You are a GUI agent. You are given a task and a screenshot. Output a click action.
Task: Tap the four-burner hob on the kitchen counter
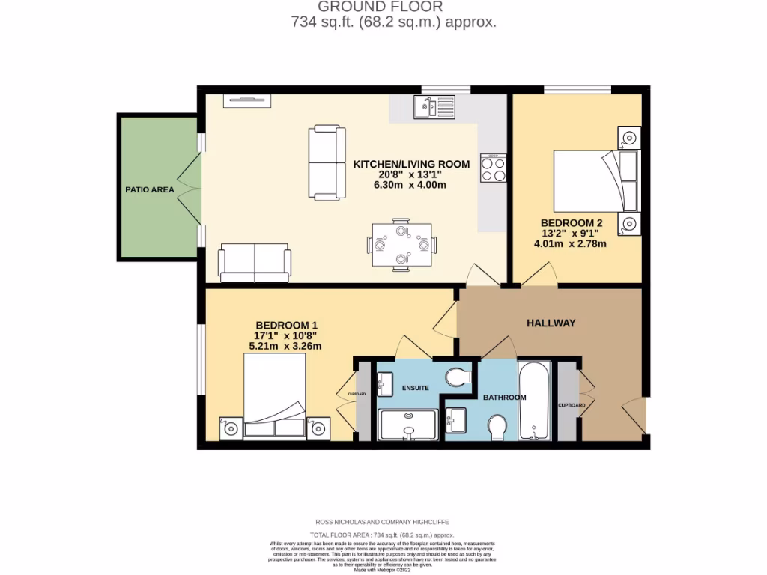point(493,168)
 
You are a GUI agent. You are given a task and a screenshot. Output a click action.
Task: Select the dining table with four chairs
point(401,243)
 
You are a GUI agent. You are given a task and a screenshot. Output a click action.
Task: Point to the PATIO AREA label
point(150,189)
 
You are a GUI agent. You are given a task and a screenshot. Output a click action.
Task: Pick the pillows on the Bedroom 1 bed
point(275,428)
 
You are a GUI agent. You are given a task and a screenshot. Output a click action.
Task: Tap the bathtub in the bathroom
point(534,401)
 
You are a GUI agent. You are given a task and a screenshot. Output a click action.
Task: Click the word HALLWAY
point(551,323)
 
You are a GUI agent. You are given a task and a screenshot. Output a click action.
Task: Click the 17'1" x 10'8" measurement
point(287,335)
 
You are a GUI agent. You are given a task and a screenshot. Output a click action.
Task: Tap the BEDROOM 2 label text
point(572,222)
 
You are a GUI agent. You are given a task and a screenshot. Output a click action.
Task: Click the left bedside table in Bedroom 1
point(230,428)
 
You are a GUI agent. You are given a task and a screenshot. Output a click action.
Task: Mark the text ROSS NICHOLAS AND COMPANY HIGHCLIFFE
point(383,521)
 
